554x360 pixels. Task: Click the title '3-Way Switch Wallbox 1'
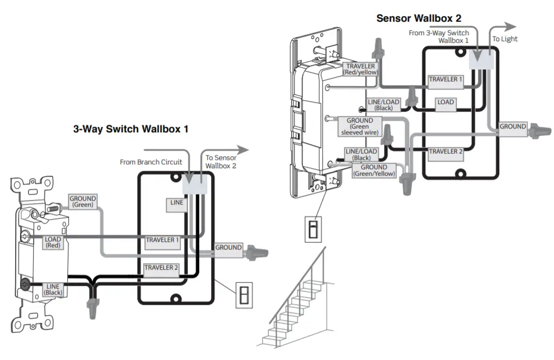131,130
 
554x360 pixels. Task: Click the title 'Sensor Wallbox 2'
419,18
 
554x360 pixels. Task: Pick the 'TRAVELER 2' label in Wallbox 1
161,267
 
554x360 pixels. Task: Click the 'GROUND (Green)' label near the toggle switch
82,202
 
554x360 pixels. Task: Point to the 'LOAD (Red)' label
53,242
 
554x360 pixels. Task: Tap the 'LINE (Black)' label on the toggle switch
53,289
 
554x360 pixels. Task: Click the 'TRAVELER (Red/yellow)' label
361,69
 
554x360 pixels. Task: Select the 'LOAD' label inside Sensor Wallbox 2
445,102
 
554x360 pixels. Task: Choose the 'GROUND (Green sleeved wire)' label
360,126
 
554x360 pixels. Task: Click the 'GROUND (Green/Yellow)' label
374,171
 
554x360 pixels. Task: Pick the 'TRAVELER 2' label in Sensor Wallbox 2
445,151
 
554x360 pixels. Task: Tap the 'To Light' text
505,39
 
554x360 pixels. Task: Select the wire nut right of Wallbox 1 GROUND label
254,252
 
